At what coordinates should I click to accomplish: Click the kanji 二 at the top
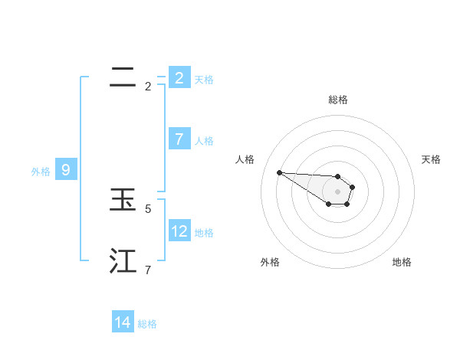(123, 77)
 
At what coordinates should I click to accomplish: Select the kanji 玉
(123, 201)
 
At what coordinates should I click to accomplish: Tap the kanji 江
(123, 261)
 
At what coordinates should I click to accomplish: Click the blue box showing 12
(179, 231)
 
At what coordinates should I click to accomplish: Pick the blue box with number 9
(66, 170)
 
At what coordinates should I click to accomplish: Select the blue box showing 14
(123, 322)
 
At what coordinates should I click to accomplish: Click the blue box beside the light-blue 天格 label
(179, 77)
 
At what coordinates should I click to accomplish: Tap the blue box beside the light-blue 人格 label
(179, 139)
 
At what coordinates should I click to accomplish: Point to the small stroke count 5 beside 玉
(148, 208)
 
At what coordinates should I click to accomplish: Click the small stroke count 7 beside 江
(148, 270)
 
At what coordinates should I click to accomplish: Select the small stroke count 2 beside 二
(148, 86)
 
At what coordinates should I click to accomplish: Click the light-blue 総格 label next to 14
(147, 324)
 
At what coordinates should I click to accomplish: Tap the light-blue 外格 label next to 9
(41, 172)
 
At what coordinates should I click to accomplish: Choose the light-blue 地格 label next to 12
(204, 232)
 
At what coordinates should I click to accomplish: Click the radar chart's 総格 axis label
(337, 100)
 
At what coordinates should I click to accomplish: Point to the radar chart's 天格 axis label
(432, 159)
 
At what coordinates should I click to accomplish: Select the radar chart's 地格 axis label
(402, 262)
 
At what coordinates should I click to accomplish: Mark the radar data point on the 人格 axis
(279, 172)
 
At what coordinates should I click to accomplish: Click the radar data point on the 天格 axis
(353, 187)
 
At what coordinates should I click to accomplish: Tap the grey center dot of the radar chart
(337, 191)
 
